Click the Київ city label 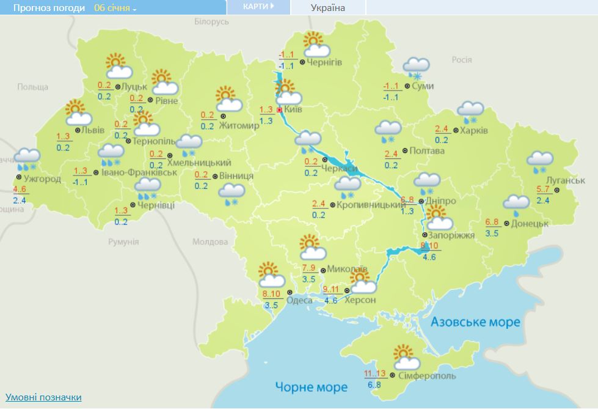point(294,110)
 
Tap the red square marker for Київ point(280,109)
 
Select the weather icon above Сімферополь point(403,358)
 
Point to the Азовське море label point(475,322)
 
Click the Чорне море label point(311,387)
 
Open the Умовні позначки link point(43,397)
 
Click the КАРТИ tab point(257,7)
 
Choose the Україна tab point(328,8)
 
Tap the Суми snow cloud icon point(416,67)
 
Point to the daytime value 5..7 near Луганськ point(543,190)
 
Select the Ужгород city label point(43,179)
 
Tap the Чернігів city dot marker point(303,62)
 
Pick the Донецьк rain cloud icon point(516,205)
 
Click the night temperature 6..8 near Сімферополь point(375,385)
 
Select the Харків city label point(474,130)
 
